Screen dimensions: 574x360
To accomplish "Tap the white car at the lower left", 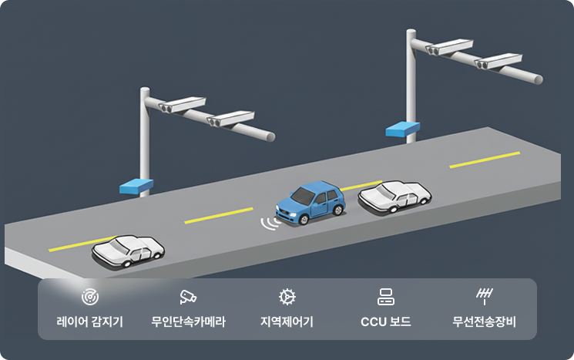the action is [128, 251].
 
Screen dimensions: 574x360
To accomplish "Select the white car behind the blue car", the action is [394, 197].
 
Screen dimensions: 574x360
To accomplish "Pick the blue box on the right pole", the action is [402, 128].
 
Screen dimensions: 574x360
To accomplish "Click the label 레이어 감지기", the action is [89, 321].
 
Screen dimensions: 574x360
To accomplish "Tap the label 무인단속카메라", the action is [188, 321].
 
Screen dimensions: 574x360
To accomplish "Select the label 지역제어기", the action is [287, 321].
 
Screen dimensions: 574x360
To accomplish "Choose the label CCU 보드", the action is [385, 321].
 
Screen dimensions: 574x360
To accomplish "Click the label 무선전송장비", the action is [484, 321].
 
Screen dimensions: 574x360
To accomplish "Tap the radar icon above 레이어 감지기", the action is [89, 296].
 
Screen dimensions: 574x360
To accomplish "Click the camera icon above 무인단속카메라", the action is [188, 296].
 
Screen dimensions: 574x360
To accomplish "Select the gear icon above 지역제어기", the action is [287, 296].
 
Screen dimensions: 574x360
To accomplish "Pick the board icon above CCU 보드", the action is [385, 296].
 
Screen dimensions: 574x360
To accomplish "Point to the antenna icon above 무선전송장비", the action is [484, 296].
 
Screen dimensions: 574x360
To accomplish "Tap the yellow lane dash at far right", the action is [485, 160].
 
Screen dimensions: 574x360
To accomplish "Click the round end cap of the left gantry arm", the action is [270, 136].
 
